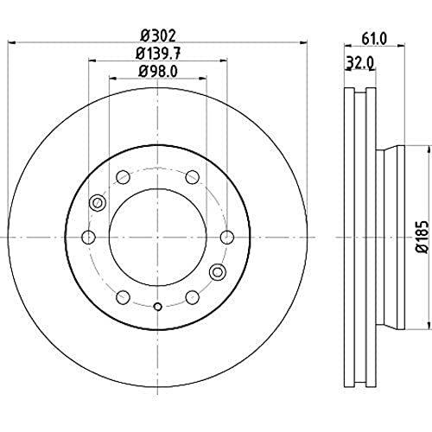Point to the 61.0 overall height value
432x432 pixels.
pyautogui.click(x=372, y=38)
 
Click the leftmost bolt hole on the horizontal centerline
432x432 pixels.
pyautogui.click(x=88, y=237)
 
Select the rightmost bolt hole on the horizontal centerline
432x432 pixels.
pyautogui.click(x=227, y=237)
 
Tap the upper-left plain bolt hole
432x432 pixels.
pyautogui.click(x=124, y=177)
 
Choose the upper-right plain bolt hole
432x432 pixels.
pyautogui.click(x=192, y=177)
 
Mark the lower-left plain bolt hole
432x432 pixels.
pyautogui.click(x=124, y=296)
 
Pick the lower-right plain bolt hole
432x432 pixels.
pyautogui.click(x=192, y=296)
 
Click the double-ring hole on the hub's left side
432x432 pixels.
pyautogui.click(x=98, y=203)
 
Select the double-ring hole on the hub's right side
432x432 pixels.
pyautogui.click(x=218, y=270)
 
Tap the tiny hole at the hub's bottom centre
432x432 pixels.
pyautogui.click(x=157, y=307)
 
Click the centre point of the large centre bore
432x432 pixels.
pyautogui.click(x=157, y=237)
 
